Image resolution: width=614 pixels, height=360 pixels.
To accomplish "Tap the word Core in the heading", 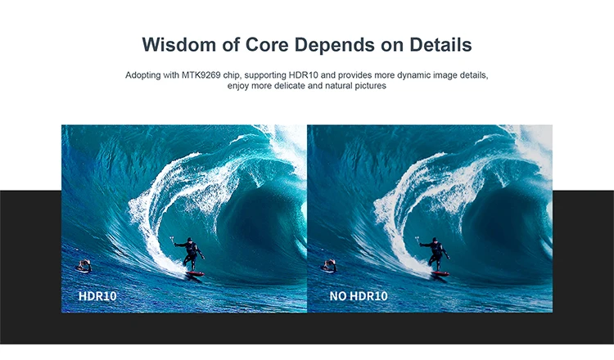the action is tap(267, 44).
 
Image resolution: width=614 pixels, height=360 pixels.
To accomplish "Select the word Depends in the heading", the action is tap(334, 45).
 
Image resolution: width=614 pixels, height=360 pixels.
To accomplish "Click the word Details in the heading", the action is tap(440, 44).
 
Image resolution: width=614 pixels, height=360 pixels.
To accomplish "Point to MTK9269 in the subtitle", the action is tap(201, 75).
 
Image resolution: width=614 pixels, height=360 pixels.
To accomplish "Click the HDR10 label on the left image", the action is tap(97, 296).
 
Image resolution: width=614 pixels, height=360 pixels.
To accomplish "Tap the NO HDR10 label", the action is tap(359, 296).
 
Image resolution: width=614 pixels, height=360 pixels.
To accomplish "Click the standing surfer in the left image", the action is tap(190, 254).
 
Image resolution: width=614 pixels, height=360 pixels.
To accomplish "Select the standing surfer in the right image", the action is tap(435, 254).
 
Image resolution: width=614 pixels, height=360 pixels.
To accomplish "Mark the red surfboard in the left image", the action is tap(194, 274).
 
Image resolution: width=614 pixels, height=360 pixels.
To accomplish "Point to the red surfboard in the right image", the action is tap(440, 274).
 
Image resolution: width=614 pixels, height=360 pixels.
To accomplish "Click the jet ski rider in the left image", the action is tap(84, 266).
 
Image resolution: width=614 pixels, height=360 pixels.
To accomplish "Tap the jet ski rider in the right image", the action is tap(328, 266).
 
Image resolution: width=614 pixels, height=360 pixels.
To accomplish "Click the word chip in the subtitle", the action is tap(231, 75).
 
